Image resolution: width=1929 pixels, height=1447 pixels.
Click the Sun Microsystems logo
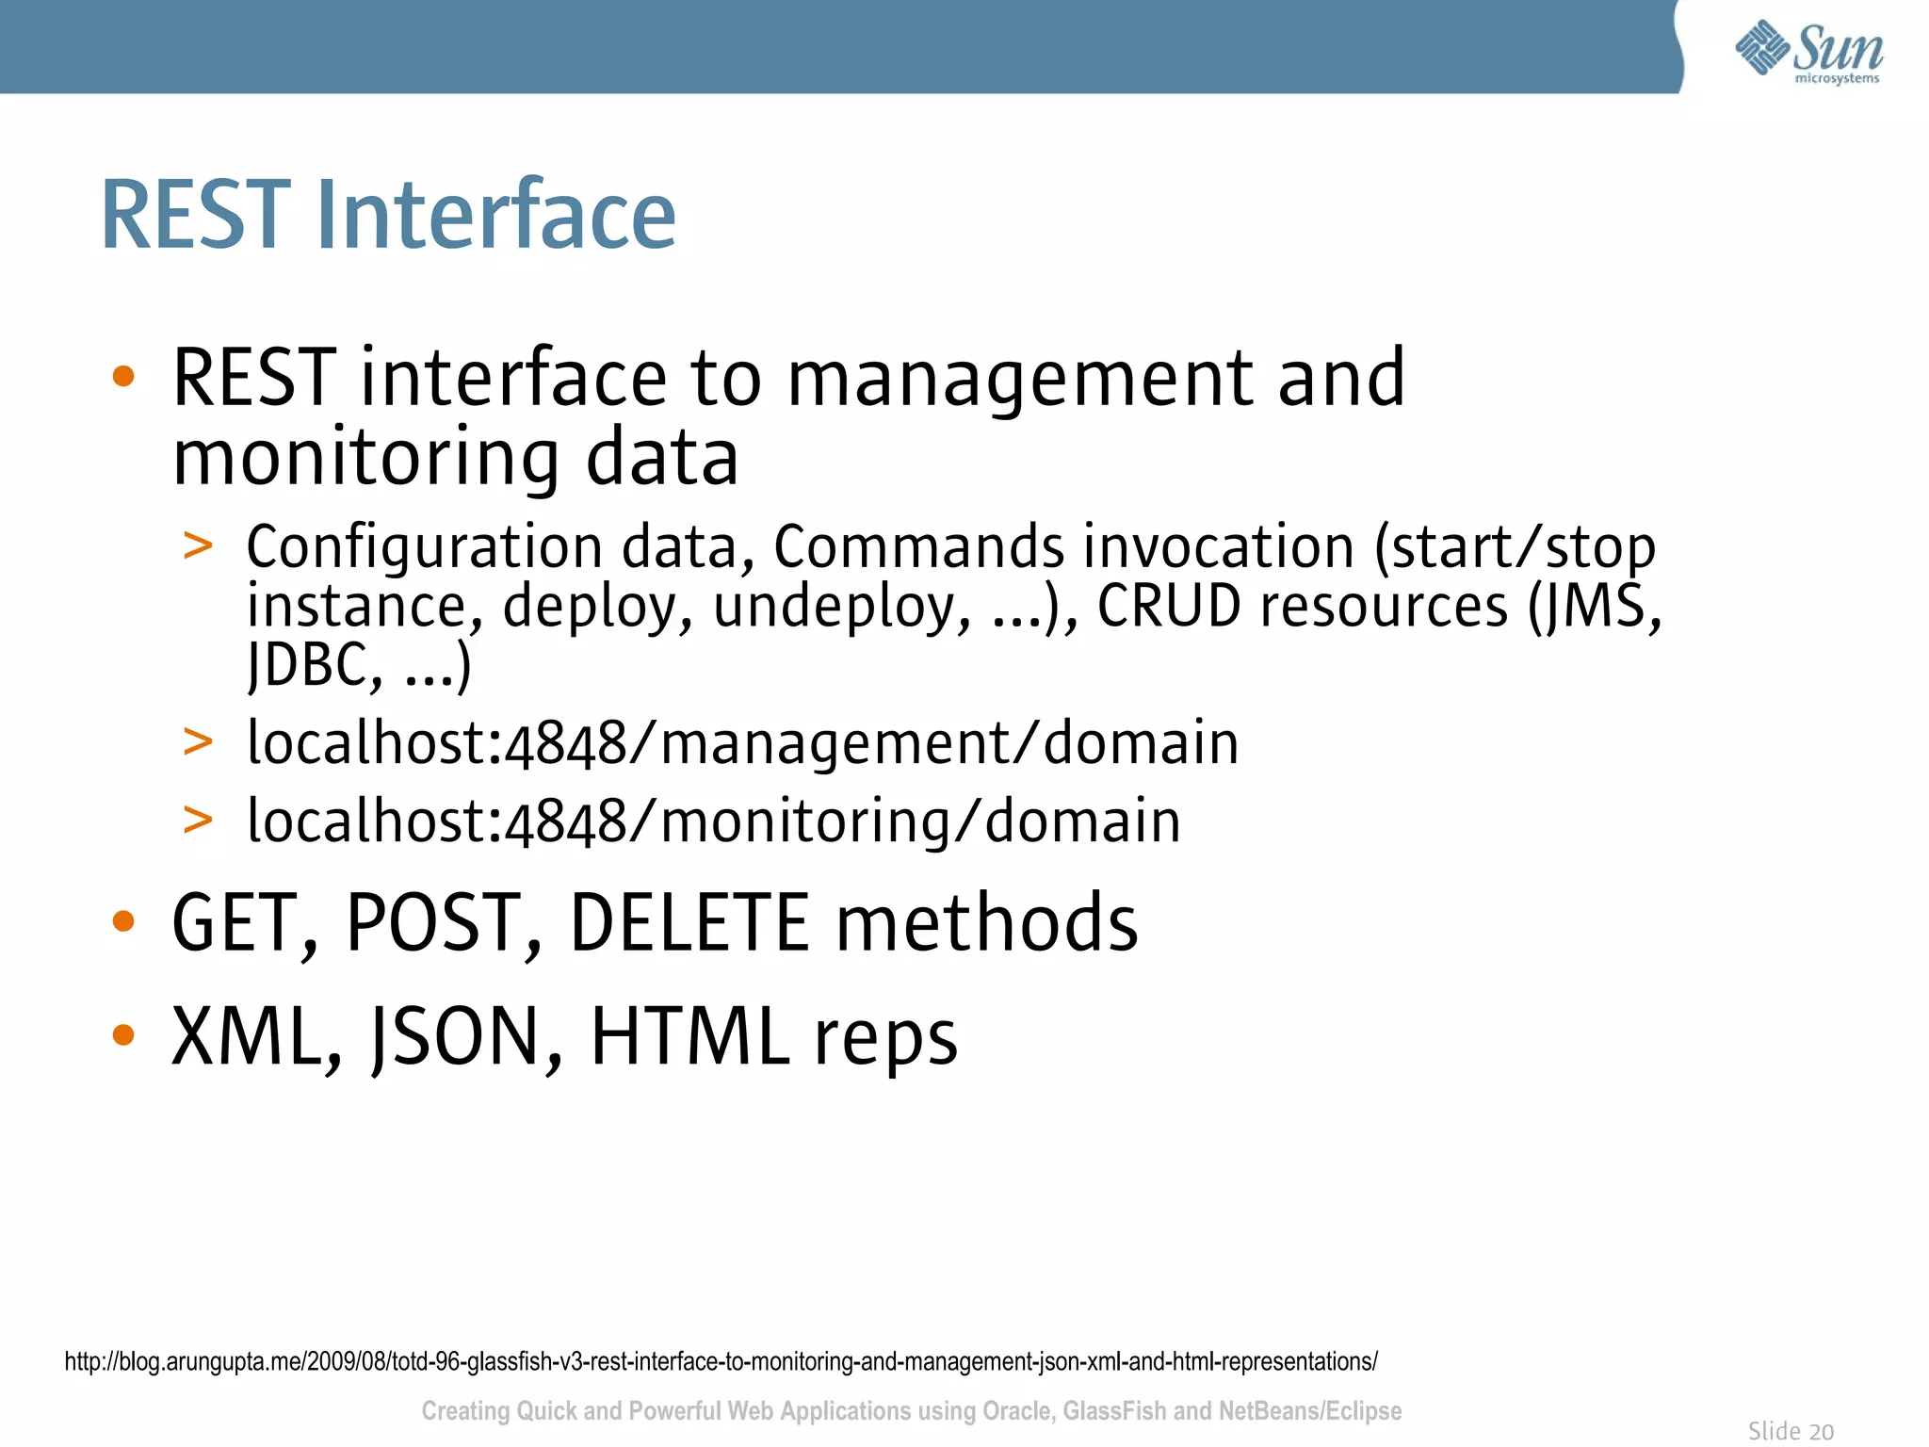coord(1808,52)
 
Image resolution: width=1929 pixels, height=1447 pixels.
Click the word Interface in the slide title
coord(496,216)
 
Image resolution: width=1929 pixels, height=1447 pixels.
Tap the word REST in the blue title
coord(195,216)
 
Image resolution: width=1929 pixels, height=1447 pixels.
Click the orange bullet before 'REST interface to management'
coord(123,377)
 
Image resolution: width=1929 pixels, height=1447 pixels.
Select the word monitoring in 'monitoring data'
coord(366,459)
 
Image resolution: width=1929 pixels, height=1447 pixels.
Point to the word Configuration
coord(424,547)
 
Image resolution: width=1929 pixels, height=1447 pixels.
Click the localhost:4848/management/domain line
coord(742,743)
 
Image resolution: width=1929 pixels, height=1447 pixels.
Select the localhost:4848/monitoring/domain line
coord(713,821)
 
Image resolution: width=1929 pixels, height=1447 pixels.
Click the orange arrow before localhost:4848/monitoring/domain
coord(198,820)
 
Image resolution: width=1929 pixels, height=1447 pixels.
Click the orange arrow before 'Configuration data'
coord(198,545)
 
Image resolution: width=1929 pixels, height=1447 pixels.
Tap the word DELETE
coord(689,923)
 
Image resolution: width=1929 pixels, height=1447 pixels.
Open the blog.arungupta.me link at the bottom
coord(721,1361)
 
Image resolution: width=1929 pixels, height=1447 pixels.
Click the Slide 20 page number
coord(1791,1431)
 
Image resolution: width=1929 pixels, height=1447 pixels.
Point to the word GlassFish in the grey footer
coord(1114,1411)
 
